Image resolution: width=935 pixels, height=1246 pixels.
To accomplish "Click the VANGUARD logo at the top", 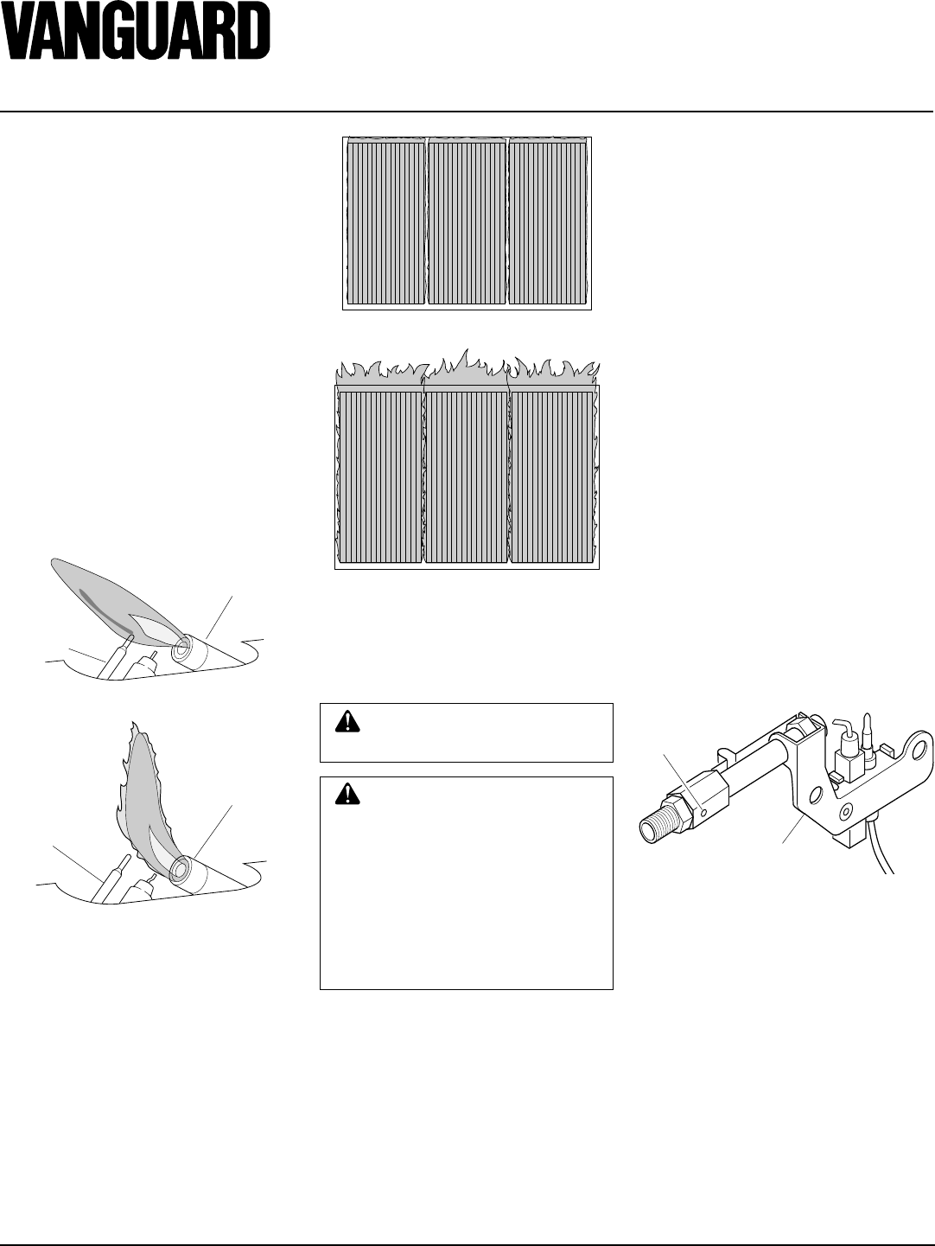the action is click(x=135, y=30).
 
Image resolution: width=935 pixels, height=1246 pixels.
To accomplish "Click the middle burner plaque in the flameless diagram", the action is click(x=467, y=223).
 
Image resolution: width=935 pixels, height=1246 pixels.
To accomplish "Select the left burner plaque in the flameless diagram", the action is click(x=385, y=223).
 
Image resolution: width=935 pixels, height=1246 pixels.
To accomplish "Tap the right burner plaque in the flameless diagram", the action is click(x=548, y=223).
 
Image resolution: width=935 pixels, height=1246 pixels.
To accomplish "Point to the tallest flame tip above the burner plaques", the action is click(x=467, y=350).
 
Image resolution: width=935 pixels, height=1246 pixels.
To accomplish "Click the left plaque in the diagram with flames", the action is click(x=381, y=476).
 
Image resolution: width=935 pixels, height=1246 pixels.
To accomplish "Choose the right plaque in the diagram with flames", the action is click(x=552, y=476).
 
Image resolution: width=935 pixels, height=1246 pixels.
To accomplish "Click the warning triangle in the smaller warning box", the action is click(x=347, y=721).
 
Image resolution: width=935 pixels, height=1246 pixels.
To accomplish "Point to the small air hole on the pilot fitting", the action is click(x=703, y=812).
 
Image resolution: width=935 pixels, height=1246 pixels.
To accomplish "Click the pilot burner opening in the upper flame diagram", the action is click(x=185, y=648).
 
